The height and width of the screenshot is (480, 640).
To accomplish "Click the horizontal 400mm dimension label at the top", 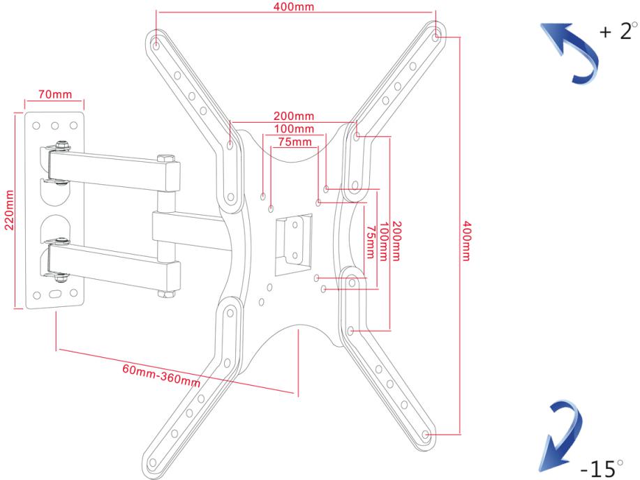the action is (294, 7).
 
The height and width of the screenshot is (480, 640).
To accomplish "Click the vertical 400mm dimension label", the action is (466, 241).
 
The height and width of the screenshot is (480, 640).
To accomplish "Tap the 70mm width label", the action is (55, 94).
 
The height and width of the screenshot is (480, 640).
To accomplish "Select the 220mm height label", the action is (9, 210).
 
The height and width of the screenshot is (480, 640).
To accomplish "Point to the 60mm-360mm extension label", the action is (161, 375).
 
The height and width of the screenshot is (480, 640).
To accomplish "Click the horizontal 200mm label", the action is (294, 116).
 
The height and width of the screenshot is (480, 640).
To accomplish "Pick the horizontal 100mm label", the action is (294, 129).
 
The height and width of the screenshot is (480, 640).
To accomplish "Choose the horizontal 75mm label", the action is (295, 142).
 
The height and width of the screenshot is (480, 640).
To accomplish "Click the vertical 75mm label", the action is (370, 243).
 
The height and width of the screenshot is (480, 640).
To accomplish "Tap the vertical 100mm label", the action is (383, 241).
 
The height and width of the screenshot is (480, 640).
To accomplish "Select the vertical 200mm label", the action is (396, 241).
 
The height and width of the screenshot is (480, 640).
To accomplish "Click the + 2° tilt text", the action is (618, 31).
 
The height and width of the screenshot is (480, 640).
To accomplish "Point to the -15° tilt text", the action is (602, 468).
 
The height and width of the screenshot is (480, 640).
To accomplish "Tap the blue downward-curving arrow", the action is (561, 437).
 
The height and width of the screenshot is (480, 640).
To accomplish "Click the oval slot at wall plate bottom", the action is (55, 294).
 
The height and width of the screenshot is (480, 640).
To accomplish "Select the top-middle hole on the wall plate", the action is (54, 126).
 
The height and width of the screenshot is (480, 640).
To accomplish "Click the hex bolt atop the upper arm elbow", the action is (165, 158).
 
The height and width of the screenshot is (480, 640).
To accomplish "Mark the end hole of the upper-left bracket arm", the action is (156, 45).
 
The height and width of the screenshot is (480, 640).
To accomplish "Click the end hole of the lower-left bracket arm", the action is (153, 463).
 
